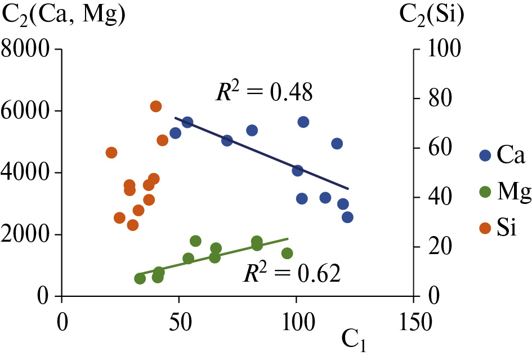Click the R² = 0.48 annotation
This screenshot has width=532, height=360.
pyautogui.click(x=264, y=91)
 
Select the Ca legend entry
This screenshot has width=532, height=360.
pyautogui.click(x=502, y=155)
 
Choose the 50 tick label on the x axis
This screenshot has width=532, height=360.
pyautogui.click(x=179, y=325)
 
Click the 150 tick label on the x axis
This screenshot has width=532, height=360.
pyautogui.click(x=414, y=325)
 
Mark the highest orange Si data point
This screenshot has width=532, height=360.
pyautogui.click(x=156, y=106)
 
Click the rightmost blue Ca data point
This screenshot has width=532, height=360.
pyautogui.click(x=347, y=217)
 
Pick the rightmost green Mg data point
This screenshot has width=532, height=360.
pyautogui.click(x=287, y=253)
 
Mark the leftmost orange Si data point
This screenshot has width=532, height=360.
pyautogui.click(x=111, y=153)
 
